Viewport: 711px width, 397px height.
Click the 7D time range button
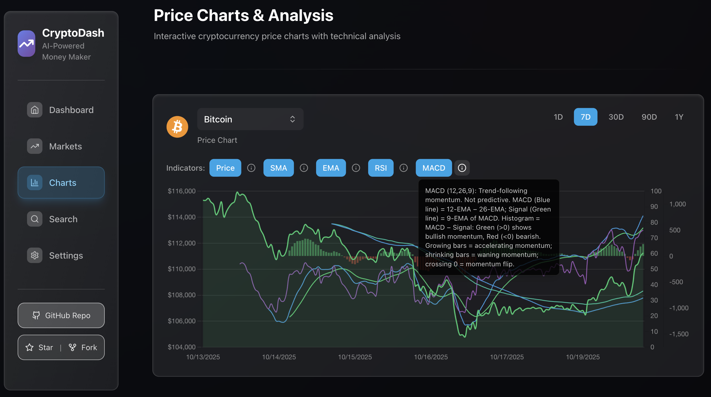click(585, 117)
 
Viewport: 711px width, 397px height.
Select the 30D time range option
click(616, 117)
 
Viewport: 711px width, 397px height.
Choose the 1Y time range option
click(679, 117)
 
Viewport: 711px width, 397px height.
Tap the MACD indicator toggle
click(433, 168)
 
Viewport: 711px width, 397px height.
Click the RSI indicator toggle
click(381, 168)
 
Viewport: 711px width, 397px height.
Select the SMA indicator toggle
click(278, 168)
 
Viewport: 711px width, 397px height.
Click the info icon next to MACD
click(462, 168)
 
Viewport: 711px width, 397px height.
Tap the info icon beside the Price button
click(251, 168)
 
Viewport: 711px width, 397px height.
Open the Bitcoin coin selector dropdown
click(250, 119)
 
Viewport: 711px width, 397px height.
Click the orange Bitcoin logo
click(177, 127)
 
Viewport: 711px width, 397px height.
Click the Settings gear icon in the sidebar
click(35, 255)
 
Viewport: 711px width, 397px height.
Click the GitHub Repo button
click(61, 315)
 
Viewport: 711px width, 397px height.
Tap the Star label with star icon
click(39, 347)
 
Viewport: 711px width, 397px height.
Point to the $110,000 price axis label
click(181, 269)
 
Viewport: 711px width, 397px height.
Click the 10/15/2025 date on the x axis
click(355, 357)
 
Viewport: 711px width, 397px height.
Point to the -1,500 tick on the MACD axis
click(679, 334)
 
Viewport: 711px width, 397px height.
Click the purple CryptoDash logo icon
click(26, 44)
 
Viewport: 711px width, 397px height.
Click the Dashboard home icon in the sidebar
click(35, 110)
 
